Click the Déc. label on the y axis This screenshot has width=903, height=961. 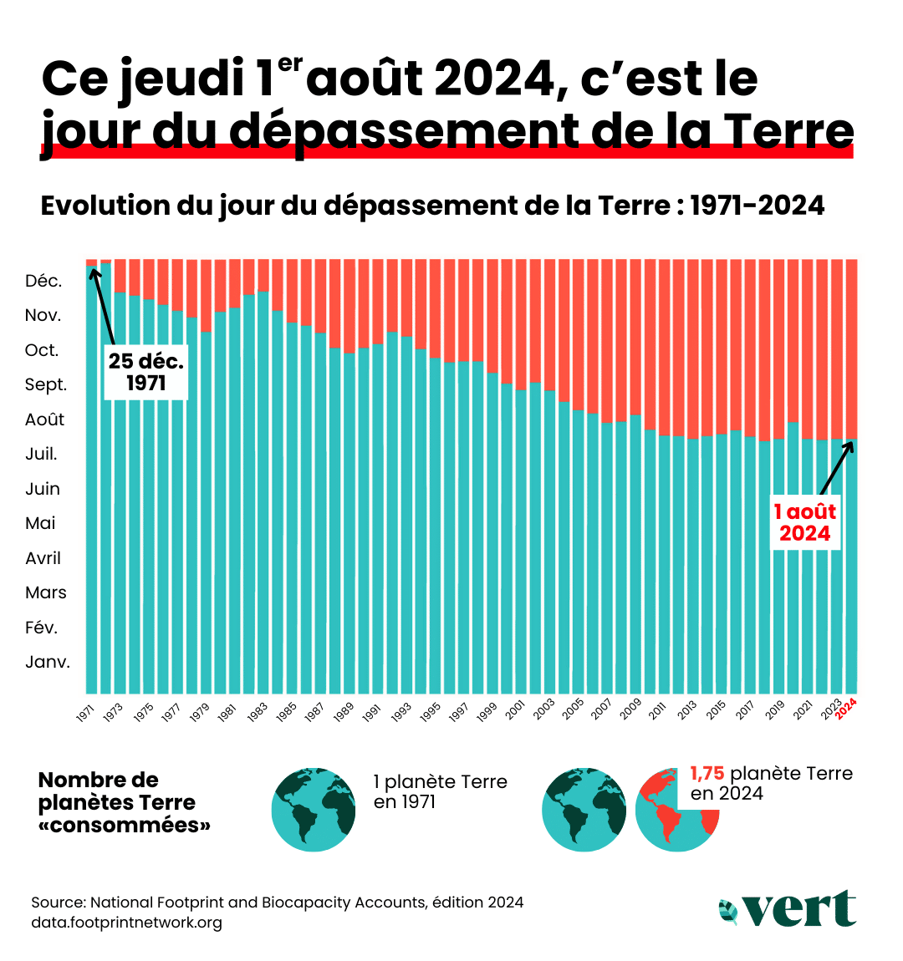point(43,282)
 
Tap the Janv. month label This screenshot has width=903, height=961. point(48,663)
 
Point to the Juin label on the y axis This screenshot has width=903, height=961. point(43,489)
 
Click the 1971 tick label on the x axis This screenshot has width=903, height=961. point(85,713)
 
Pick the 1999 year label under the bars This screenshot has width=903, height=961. point(486,712)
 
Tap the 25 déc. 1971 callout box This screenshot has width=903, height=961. point(145,372)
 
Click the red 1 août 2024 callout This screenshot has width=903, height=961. point(804,523)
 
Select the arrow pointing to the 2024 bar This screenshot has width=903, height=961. point(836,468)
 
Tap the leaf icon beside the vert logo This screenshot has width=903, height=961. point(728,912)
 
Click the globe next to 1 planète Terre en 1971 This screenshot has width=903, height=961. point(314,809)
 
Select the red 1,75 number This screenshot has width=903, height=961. point(707,774)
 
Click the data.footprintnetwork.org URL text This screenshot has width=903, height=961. point(126,923)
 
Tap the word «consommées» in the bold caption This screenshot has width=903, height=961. point(125,826)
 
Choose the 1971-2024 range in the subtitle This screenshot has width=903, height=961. point(757,206)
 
